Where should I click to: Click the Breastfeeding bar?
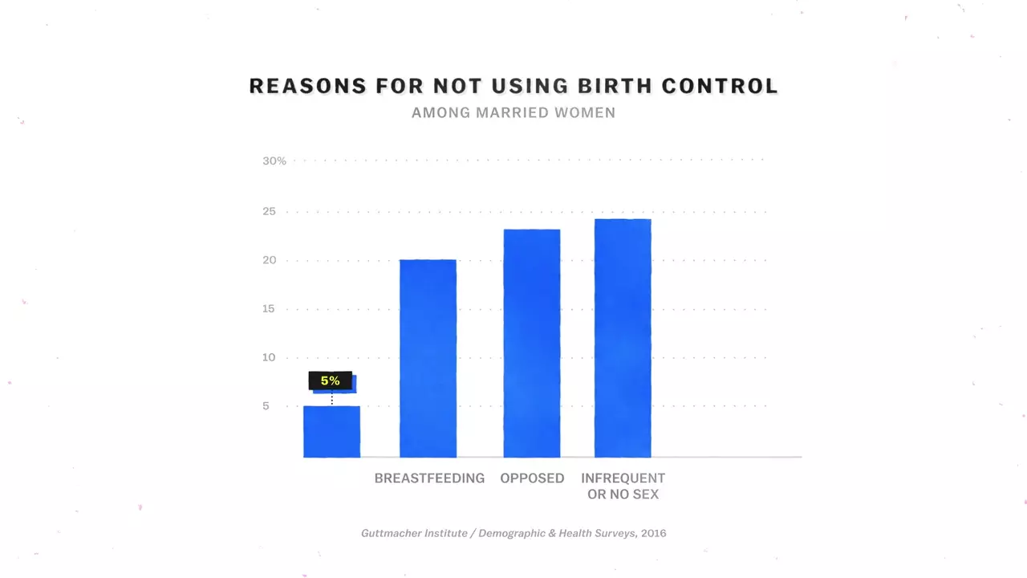click(428, 358)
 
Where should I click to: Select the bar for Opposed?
click(531, 344)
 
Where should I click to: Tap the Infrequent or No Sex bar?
click(623, 338)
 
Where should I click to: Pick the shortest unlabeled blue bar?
click(331, 432)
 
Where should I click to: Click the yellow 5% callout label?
click(331, 381)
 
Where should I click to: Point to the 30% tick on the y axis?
click(274, 161)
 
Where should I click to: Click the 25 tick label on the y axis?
click(269, 212)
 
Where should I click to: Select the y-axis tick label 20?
click(269, 260)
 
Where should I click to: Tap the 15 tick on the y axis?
click(269, 309)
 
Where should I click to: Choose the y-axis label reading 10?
click(269, 357)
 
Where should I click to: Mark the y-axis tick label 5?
click(266, 406)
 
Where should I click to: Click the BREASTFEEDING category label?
click(429, 478)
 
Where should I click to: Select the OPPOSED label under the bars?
click(532, 478)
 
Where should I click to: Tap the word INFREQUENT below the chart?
click(623, 478)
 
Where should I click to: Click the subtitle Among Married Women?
click(513, 113)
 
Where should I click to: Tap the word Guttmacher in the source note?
click(391, 533)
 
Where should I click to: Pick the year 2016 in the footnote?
click(653, 533)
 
